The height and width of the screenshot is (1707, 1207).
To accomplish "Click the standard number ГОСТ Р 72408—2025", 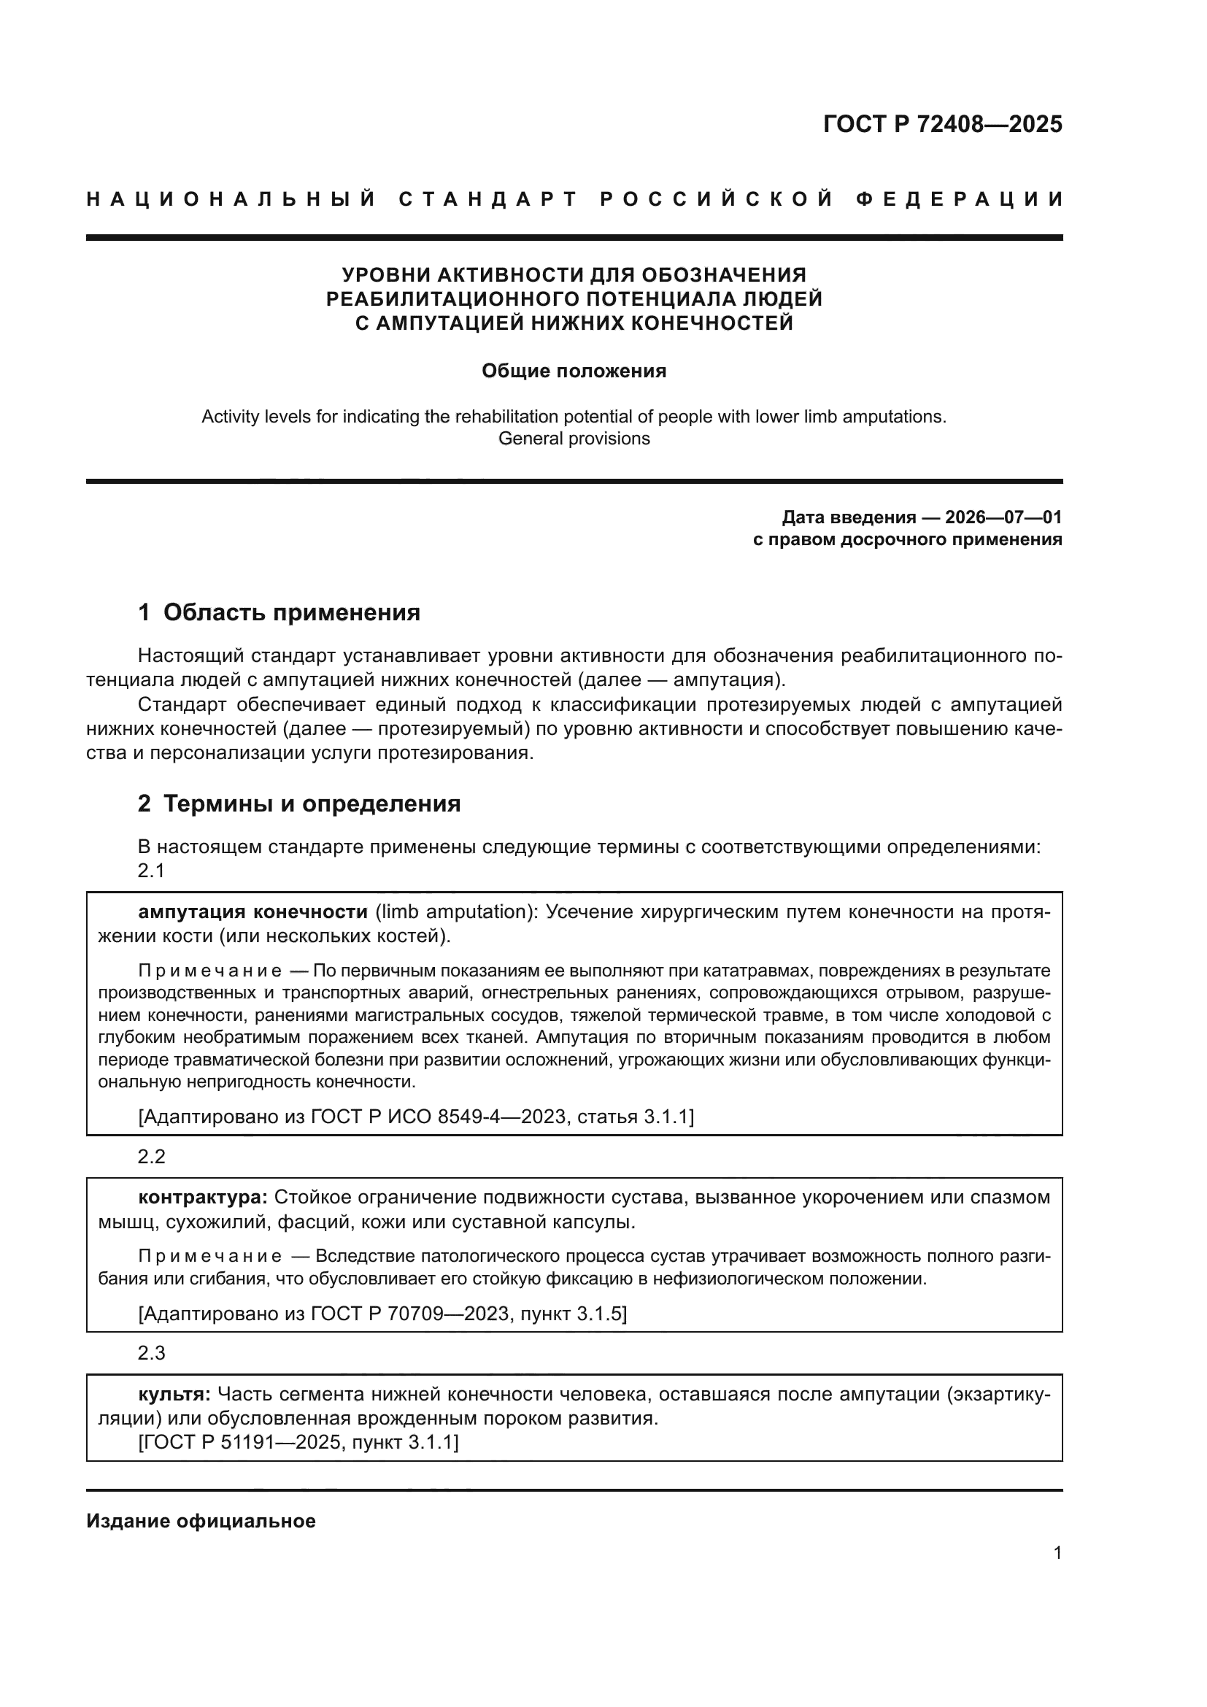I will point(942,124).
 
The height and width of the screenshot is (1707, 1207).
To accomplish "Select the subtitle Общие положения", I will point(574,371).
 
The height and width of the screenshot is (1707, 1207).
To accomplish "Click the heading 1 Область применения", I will point(279,612).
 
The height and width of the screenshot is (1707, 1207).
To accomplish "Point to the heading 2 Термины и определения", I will point(298,804).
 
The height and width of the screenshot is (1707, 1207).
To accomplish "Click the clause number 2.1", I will point(151,871).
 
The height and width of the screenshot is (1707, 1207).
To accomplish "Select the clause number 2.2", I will point(151,1157).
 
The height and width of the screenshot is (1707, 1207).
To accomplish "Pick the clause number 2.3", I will point(151,1353).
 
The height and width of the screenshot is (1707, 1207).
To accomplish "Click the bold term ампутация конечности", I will point(252,912).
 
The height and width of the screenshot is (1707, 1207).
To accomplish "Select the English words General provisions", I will point(574,439).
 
